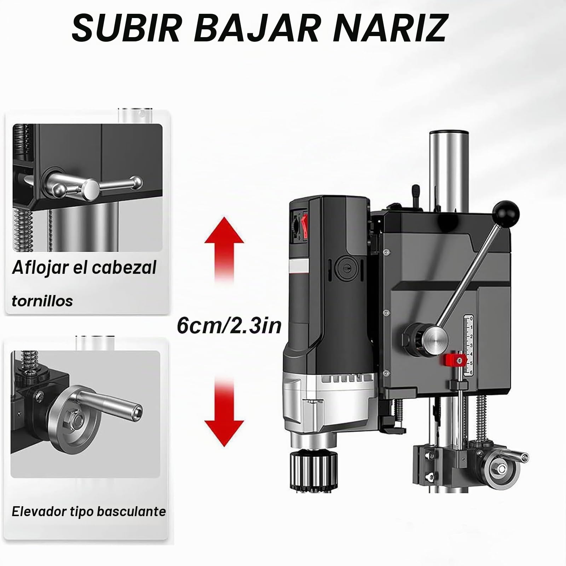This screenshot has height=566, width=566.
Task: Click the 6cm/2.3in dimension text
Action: pyautogui.click(x=229, y=326)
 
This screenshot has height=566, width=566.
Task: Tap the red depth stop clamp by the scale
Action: pyautogui.click(x=454, y=361)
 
